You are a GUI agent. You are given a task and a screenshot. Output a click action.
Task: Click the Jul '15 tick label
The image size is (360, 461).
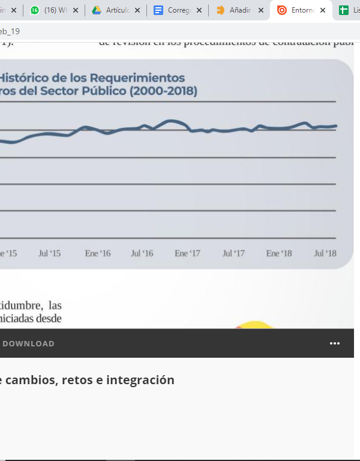click(49, 253)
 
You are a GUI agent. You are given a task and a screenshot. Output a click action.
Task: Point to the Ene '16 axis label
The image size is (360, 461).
click(98, 253)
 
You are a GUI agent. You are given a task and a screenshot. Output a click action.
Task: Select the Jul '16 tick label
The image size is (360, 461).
click(142, 253)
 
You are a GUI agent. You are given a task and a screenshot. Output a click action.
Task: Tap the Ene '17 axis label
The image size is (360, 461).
click(187, 253)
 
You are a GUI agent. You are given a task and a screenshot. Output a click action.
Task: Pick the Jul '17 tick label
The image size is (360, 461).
click(233, 253)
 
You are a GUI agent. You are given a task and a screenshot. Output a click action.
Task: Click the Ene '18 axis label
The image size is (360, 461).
click(279, 253)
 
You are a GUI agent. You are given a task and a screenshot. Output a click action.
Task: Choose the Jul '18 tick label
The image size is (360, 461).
click(325, 253)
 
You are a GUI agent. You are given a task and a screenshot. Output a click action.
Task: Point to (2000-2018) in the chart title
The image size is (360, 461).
click(161, 91)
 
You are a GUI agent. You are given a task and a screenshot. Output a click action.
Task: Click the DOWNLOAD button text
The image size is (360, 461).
click(28, 344)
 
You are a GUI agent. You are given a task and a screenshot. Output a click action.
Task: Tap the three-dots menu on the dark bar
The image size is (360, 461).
click(335, 343)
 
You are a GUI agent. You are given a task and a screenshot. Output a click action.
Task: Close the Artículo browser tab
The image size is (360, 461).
click(137, 10)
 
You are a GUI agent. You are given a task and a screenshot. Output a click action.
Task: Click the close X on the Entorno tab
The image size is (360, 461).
click(323, 10)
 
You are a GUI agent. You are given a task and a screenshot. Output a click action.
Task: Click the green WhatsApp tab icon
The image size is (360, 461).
click(35, 10)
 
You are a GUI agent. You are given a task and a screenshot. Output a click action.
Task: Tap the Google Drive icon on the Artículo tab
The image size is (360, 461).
click(96, 10)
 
